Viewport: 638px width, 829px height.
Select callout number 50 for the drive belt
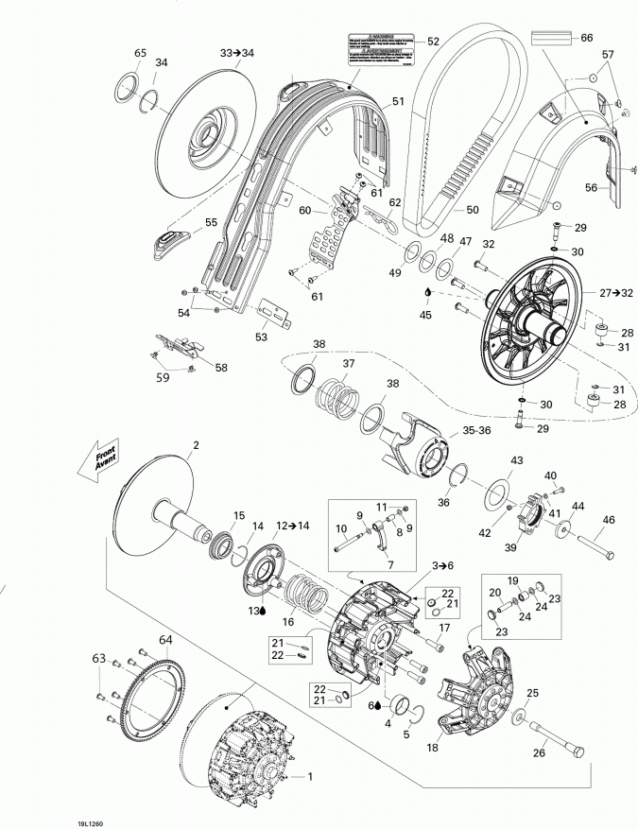coord(472,209)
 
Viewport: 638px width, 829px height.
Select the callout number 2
coord(196,444)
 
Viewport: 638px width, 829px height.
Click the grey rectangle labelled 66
coord(553,38)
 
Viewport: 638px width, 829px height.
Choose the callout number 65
coord(140,52)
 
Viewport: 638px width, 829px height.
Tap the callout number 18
coord(434,748)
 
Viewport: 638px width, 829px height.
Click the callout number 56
coord(592,187)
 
